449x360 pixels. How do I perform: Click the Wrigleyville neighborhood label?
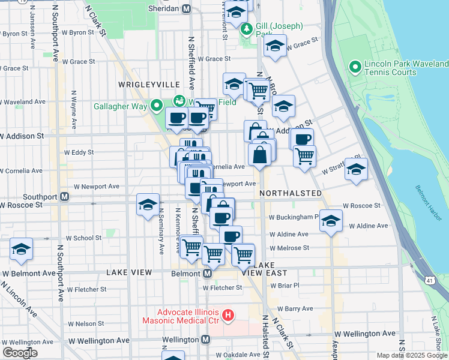[x=149, y=84]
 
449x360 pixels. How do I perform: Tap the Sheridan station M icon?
[x=186, y=8]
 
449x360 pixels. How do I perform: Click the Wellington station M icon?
[x=205, y=339]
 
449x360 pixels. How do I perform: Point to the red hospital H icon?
[x=228, y=314]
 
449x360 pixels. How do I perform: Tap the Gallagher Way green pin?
[x=157, y=106]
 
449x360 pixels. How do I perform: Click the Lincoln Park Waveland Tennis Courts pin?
[x=355, y=67]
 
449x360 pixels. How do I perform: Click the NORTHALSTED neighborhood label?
[x=291, y=193]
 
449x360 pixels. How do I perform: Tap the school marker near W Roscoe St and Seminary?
[x=148, y=205]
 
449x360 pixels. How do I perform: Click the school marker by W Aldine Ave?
[x=330, y=220]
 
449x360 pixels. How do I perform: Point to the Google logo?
[x=20, y=353]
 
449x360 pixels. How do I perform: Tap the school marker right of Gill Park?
[x=275, y=46]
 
